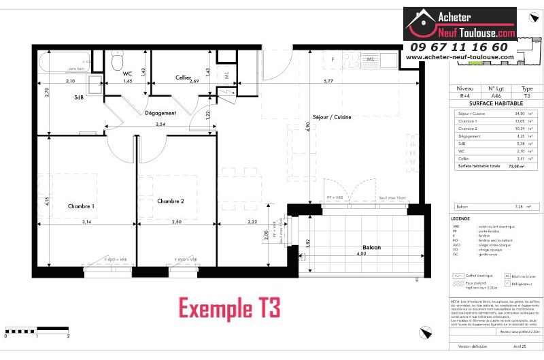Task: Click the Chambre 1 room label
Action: pyautogui.click(x=81, y=206)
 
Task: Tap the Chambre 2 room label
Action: pyautogui.click(x=171, y=201)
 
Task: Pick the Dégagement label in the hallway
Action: pyautogui.click(x=160, y=113)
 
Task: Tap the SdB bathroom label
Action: pyautogui.click(x=80, y=97)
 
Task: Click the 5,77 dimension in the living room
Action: pyautogui.click(x=347, y=82)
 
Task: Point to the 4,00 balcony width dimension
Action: pyautogui.click(x=361, y=255)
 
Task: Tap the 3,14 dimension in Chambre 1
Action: pyautogui.click(x=87, y=222)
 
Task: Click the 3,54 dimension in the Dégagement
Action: pyautogui.click(x=160, y=125)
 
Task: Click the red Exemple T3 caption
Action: pyautogui.click(x=229, y=308)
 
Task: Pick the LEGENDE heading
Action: pyautogui.click(x=460, y=218)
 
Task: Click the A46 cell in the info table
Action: pyautogui.click(x=495, y=95)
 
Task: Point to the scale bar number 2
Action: pyautogui.click(x=69, y=336)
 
